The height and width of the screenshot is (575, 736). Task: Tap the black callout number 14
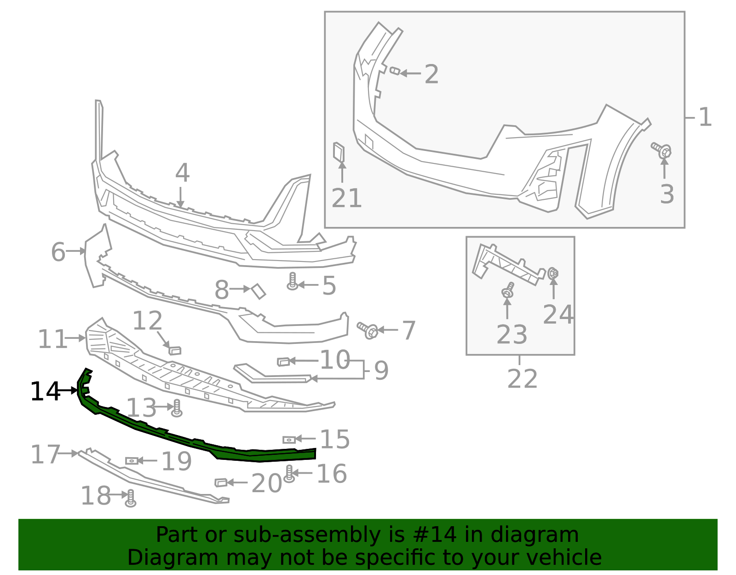tap(45, 392)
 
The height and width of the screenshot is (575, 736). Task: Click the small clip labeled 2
tap(395, 71)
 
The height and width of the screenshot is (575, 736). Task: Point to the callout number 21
tap(346, 198)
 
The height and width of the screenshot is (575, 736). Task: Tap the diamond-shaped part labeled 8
tap(259, 291)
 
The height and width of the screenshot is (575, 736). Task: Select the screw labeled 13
tap(176, 408)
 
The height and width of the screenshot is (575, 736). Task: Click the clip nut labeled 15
tap(289, 440)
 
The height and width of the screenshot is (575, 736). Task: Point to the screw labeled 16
tap(289, 473)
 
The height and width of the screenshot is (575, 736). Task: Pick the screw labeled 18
tap(131, 498)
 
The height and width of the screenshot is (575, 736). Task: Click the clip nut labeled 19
tap(132, 460)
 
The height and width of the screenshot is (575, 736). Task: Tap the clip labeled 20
tap(221, 482)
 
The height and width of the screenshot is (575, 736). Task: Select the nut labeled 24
tap(553, 273)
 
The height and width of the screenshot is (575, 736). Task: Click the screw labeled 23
tap(508, 291)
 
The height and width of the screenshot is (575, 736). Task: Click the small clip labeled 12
tap(175, 351)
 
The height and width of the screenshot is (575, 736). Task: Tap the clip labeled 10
tap(283, 362)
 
